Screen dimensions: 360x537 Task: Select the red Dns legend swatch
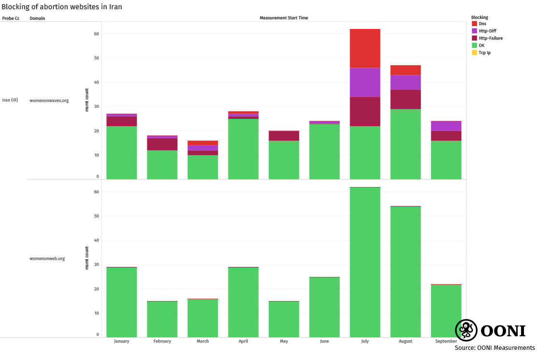(474, 24)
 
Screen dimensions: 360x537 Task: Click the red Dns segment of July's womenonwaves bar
(365, 48)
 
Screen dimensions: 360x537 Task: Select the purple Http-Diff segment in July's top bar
(365, 82)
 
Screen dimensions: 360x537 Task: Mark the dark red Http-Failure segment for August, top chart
(405, 99)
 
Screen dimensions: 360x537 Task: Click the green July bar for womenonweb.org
(365, 261)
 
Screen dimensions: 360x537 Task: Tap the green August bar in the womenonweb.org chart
(405, 271)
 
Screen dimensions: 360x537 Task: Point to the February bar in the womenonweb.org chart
(162, 319)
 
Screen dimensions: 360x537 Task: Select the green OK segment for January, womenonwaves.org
(122, 152)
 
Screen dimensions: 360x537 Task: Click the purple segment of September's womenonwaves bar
(446, 126)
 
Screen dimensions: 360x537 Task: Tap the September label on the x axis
(446, 341)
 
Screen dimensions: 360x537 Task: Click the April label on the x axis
(243, 341)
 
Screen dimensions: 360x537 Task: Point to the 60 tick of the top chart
(96, 34)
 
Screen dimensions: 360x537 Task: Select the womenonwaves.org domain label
(49, 101)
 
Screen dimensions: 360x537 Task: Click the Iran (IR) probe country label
(10, 101)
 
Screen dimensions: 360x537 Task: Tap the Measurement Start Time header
(283, 18)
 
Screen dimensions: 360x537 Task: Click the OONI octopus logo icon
(466, 331)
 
